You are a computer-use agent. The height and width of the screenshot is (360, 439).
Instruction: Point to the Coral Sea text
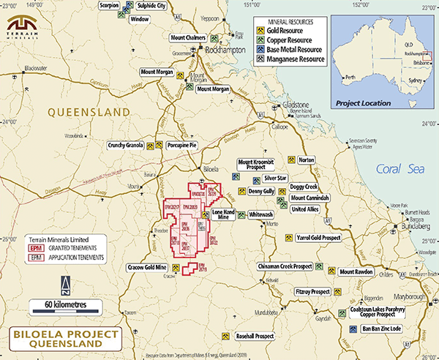pyautogui.click(x=395, y=169)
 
